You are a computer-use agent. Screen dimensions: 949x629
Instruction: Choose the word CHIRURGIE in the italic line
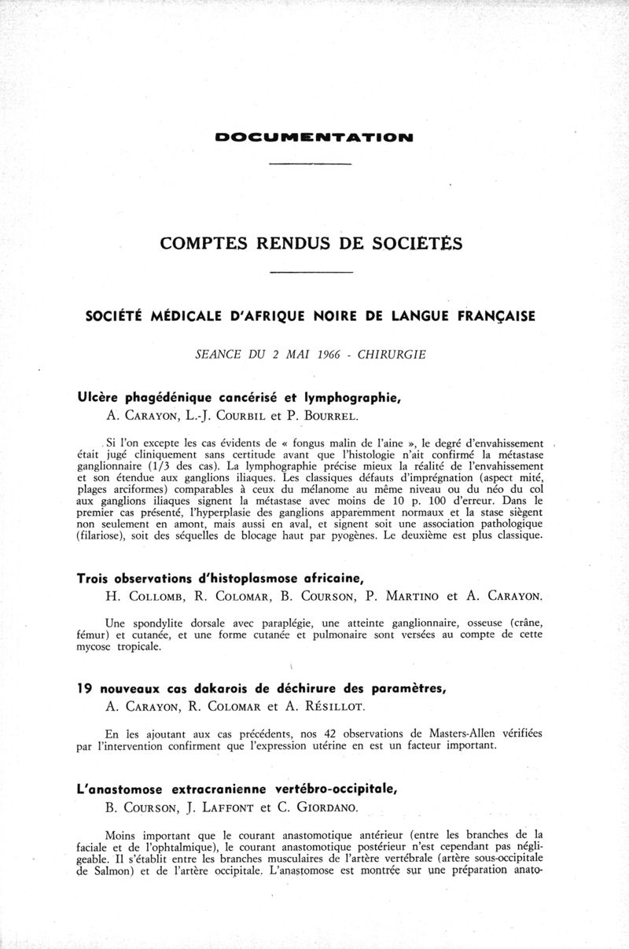pos(391,355)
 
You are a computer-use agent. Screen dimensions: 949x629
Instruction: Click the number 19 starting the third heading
pos(85,689)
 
